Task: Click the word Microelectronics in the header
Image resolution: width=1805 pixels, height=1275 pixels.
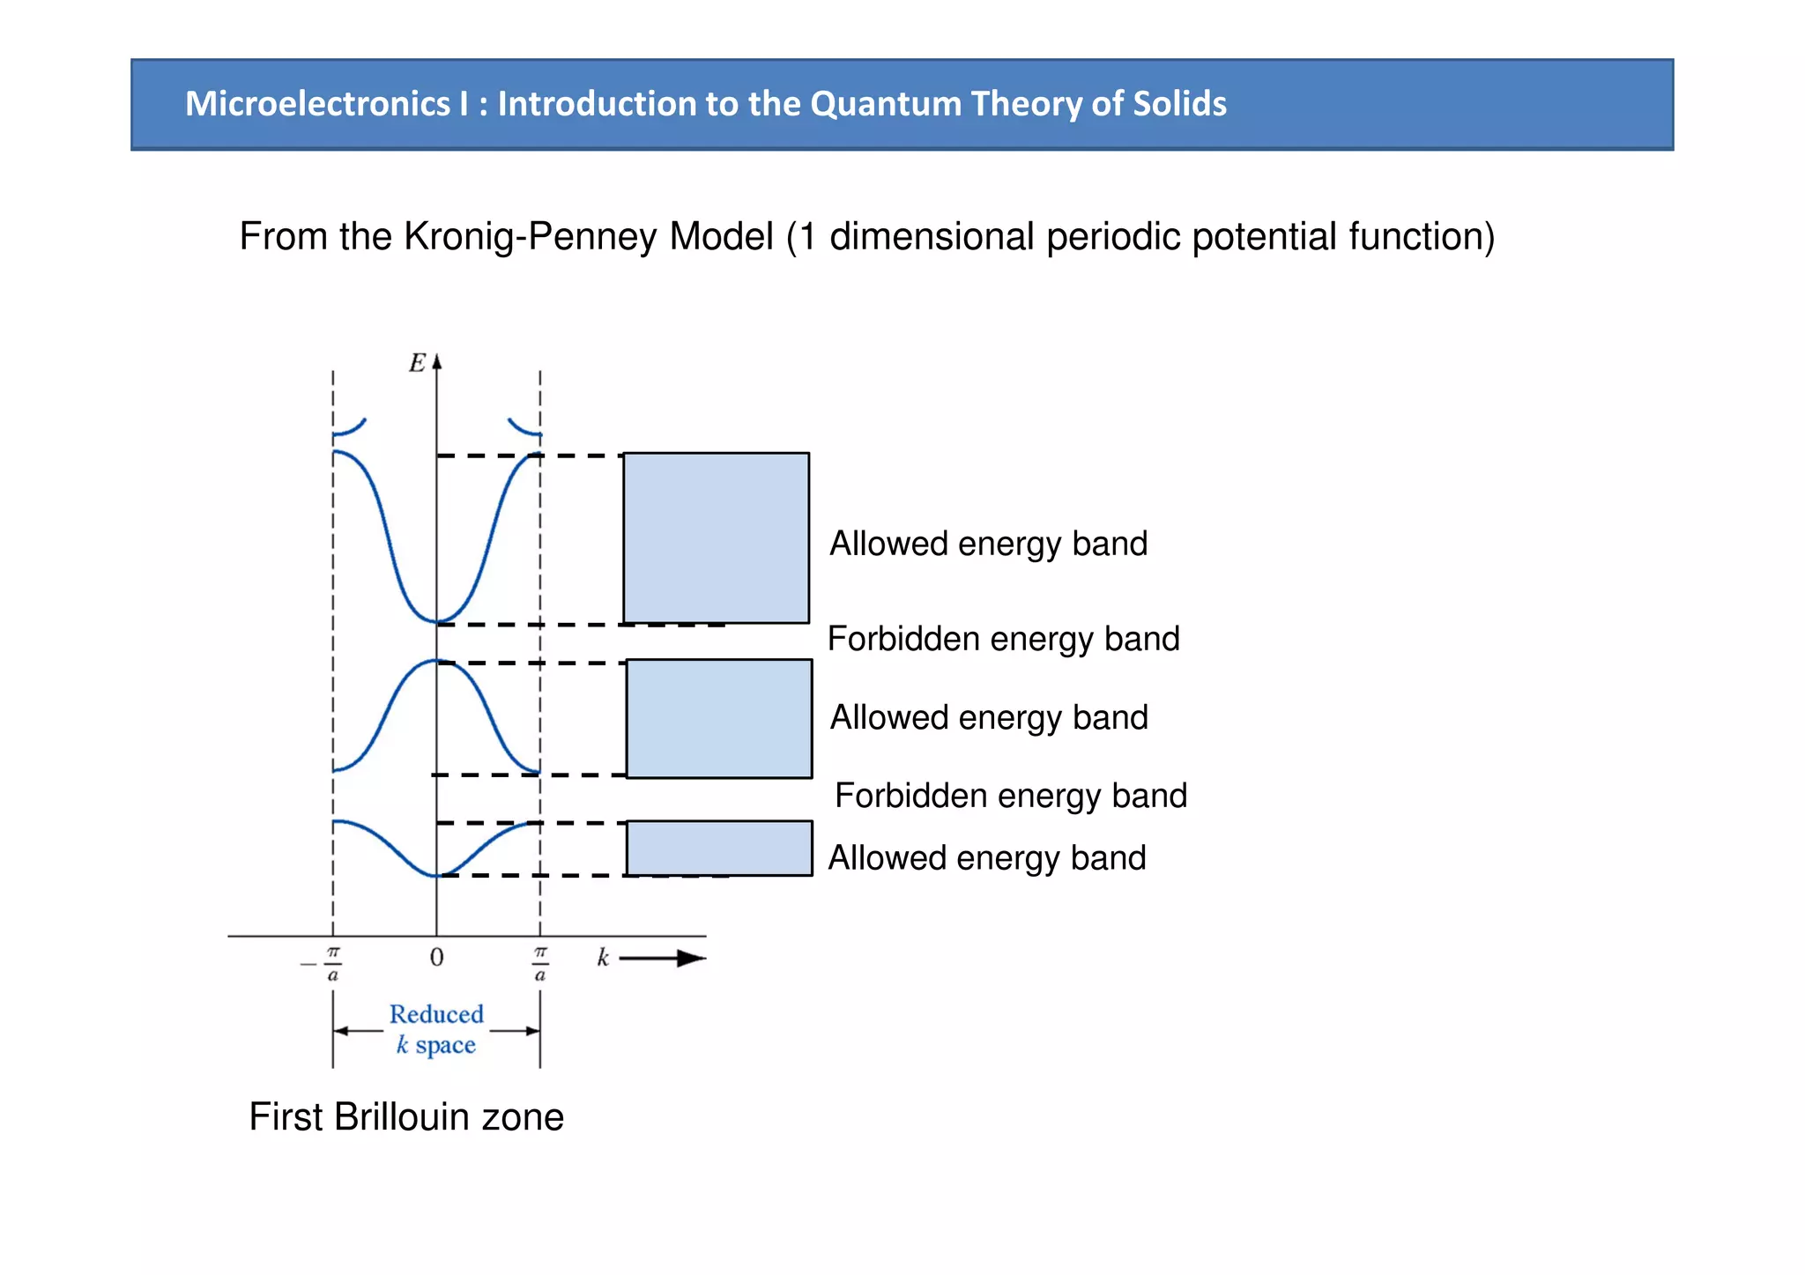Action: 317,104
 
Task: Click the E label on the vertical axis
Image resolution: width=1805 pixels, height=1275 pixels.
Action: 417,363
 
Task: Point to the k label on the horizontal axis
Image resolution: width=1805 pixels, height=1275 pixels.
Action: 603,958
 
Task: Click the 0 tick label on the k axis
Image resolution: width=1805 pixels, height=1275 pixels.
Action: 436,958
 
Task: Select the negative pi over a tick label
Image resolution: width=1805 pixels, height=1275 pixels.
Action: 326,963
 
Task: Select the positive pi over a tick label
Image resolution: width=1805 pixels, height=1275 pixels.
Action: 540,963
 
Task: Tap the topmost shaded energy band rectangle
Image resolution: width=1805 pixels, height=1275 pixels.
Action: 716,537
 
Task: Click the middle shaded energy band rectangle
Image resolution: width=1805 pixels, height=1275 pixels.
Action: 719,718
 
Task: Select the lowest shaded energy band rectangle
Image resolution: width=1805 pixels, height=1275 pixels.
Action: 719,848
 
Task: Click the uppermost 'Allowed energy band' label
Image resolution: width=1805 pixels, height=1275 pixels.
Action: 988,544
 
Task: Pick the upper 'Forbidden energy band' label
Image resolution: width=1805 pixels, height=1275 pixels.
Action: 1003,639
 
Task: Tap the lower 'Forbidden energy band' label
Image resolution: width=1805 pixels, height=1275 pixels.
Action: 1010,796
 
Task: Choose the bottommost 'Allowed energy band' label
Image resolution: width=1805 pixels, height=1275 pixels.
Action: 987,858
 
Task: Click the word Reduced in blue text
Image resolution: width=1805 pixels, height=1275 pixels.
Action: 436,1014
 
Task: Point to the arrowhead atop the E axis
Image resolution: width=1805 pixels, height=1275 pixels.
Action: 436,361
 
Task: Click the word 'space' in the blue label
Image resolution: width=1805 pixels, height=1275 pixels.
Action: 445,1046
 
